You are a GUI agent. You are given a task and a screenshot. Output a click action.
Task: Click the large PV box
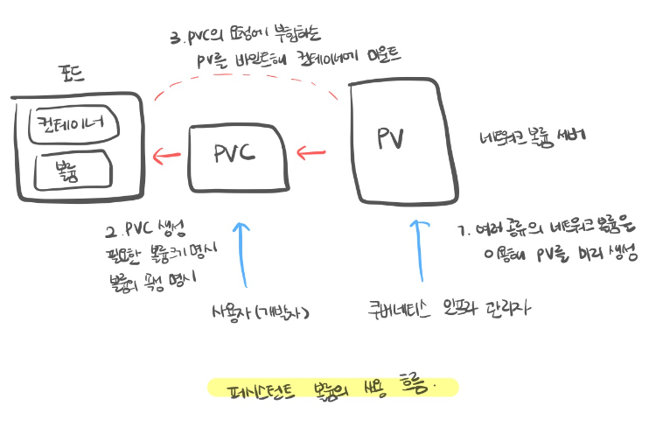pos(403,140)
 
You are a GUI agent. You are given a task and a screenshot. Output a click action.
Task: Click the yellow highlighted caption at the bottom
pos(332,387)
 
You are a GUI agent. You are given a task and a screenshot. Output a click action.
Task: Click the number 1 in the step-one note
pos(462,231)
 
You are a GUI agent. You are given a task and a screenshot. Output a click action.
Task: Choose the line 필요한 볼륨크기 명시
pos(162,256)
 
